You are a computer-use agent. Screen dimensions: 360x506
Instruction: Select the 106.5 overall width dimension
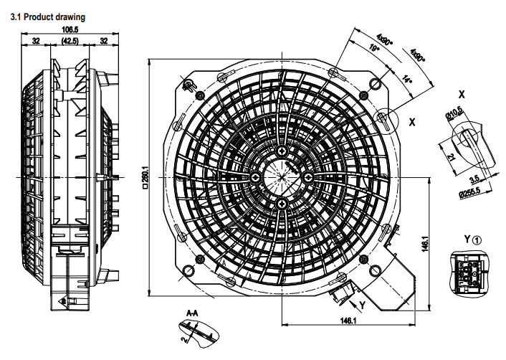pyautogui.click(x=70, y=29)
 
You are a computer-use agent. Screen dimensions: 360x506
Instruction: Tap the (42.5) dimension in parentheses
pyautogui.click(x=70, y=42)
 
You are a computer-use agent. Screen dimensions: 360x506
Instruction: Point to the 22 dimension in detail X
pyautogui.click(x=451, y=156)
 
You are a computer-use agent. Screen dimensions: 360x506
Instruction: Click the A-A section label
pyautogui.click(x=192, y=313)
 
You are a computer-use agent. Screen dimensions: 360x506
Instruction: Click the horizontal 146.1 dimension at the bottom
pyautogui.click(x=348, y=319)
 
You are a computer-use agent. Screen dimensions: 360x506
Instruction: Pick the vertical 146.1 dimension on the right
pyautogui.click(x=425, y=243)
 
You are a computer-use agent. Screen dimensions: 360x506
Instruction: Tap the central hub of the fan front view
pyautogui.click(x=282, y=176)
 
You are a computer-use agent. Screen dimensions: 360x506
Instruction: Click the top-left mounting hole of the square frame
pyautogui.click(x=188, y=85)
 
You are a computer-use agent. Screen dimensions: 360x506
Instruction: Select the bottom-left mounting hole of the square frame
pyautogui.click(x=188, y=270)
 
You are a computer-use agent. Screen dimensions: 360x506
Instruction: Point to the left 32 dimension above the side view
pyautogui.click(x=36, y=42)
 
